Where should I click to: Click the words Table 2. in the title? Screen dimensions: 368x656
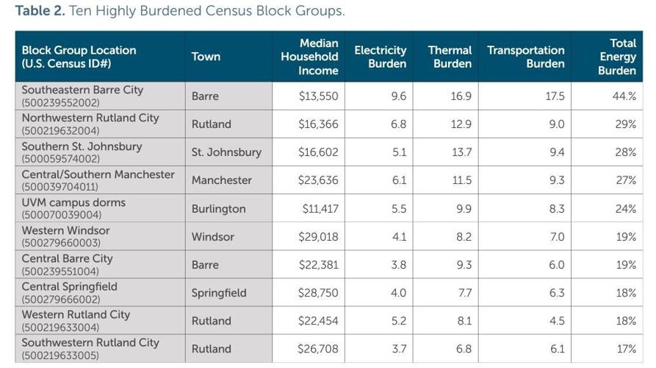pyautogui.click(x=39, y=11)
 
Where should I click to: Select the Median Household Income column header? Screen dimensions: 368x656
pyautogui.click(x=309, y=57)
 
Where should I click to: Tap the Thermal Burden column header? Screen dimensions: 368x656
pyautogui.click(x=450, y=57)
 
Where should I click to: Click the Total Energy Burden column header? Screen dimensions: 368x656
pyautogui.click(x=617, y=57)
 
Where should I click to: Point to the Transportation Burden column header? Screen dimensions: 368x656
pyautogui.click(x=526, y=57)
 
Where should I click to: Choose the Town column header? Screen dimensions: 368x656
pyautogui.click(x=206, y=57)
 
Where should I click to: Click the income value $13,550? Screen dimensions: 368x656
pyautogui.click(x=318, y=96)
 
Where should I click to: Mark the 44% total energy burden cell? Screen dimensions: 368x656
pyautogui.click(x=624, y=96)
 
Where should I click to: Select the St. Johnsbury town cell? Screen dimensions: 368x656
pyautogui.click(x=226, y=152)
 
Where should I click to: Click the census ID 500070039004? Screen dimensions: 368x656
pyautogui.click(x=62, y=215)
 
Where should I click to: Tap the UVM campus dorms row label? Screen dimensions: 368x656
pyautogui.click(x=73, y=202)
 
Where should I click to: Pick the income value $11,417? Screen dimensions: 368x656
pyautogui.click(x=320, y=209)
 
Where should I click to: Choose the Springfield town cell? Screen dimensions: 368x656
pyautogui.click(x=219, y=293)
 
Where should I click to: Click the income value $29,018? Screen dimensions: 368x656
pyautogui.click(x=318, y=237)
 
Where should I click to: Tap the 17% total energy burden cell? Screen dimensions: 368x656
pyautogui.click(x=625, y=349)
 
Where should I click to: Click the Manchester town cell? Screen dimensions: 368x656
pyautogui.click(x=222, y=180)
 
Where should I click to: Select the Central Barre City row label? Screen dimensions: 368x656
pyautogui.click(x=68, y=258)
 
